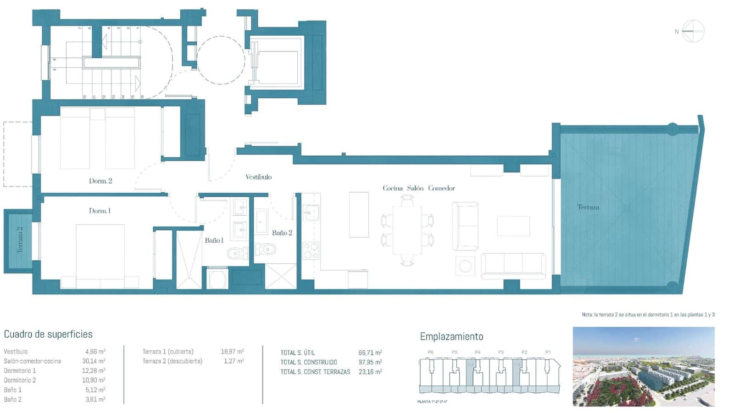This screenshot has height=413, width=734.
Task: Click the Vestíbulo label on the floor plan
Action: tap(258, 177)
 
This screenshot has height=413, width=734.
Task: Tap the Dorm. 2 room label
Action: tap(100, 181)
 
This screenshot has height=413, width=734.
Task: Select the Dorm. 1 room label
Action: tap(100, 211)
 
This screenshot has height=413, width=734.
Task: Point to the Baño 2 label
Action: tap(282, 233)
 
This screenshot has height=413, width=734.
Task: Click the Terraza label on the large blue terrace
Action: tap(588, 207)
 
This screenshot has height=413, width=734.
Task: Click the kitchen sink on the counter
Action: tap(311, 213)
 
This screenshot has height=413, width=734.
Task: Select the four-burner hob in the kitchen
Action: tap(311, 251)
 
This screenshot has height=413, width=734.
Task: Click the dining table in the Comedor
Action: tap(407, 229)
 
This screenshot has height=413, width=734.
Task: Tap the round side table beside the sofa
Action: tap(465, 266)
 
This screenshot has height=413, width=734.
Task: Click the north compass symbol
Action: tap(692, 31)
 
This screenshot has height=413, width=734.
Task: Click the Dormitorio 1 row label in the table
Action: tap(20, 371)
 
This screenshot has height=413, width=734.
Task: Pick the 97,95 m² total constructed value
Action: tap(370, 362)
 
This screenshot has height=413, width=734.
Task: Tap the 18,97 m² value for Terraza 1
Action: tap(232, 352)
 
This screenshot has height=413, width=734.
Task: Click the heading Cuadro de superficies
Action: tap(48, 334)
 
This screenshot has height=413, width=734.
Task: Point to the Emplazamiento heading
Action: tap(451, 336)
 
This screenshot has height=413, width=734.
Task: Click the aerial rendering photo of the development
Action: tap(643, 366)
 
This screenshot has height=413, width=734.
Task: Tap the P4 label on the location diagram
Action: tap(478, 352)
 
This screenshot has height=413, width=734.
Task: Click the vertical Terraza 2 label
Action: tap(20, 240)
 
